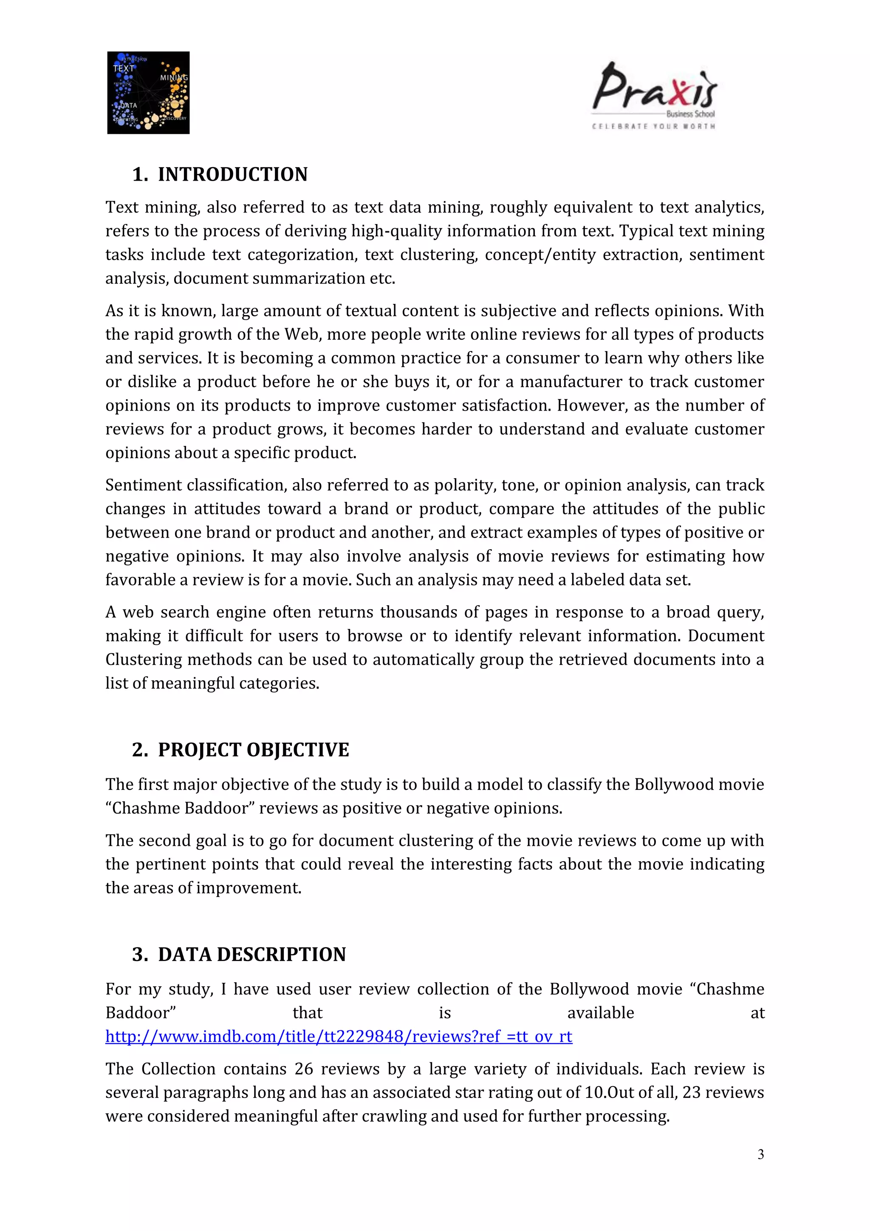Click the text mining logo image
[x=148, y=93]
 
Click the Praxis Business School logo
[x=655, y=91]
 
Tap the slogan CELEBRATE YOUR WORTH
[x=654, y=126]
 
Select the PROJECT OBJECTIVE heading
[x=253, y=749]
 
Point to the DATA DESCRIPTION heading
[x=252, y=954]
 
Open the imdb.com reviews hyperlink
[x=339, y=1036]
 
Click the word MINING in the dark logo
[x=174, y=78]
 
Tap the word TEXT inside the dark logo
[x=123, y=68]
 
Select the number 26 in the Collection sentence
[x=304, y=1069]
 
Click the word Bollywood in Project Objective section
[x=673, y=784]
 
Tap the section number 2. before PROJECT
[x=140, y=749]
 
